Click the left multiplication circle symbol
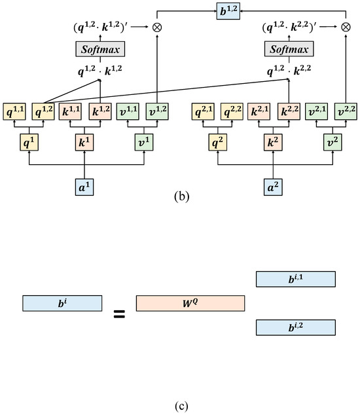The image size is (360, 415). [x=156, y=29]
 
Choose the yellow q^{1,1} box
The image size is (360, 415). [x=14, y=113]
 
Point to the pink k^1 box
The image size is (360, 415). [x=85, y=141]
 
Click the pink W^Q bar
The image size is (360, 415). [x=190, y=303]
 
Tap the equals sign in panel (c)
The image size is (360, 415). [x=119, y=315]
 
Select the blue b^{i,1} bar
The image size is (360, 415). [x=295, y=280]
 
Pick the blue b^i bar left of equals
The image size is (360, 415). [x=62, y=303]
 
